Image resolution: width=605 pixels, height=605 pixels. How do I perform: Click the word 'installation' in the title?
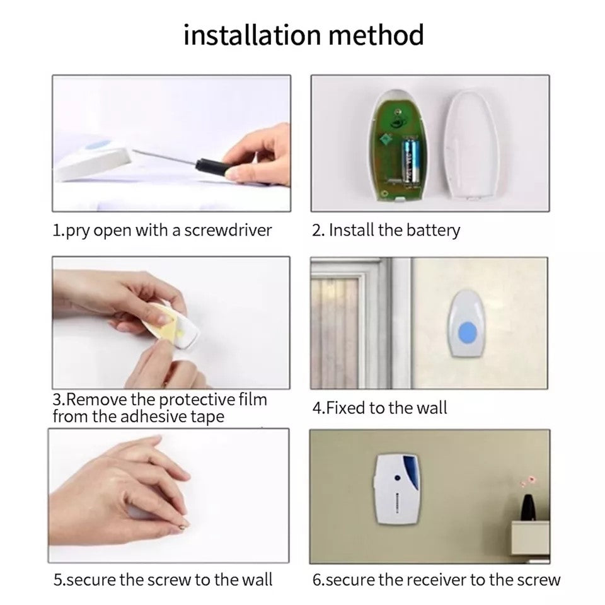coord(252,35)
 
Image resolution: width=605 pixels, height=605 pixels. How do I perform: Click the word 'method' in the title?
coord(376,35)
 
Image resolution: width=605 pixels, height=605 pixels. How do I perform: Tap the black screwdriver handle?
coord(212,167)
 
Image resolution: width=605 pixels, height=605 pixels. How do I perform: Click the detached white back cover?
coord(471,145)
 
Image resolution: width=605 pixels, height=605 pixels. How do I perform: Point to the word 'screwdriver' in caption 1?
coord(228,231)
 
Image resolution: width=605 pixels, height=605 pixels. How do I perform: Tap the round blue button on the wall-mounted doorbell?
coord(467,333)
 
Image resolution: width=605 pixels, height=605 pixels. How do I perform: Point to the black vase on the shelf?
coord(527,507)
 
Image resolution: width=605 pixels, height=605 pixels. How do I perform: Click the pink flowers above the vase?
coord(528,481)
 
